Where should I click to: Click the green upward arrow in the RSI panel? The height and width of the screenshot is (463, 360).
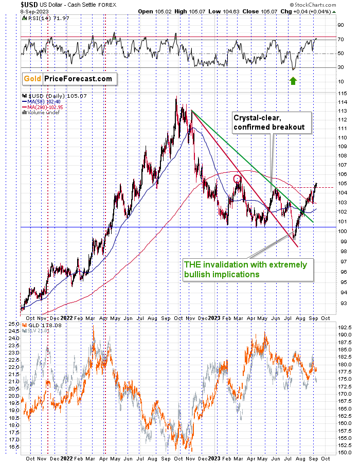293,80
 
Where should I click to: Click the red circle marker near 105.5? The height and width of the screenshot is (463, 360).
237,179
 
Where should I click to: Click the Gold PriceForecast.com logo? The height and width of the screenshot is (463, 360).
69,79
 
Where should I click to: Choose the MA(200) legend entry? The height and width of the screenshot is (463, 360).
42,107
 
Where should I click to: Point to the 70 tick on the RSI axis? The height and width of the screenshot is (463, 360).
340,39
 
